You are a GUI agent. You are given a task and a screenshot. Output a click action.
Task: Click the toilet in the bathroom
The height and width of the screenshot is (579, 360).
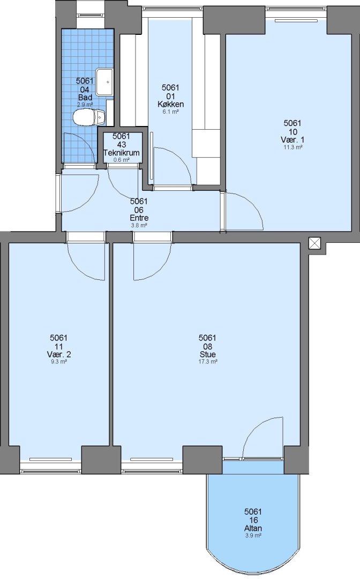[x=89, y=117]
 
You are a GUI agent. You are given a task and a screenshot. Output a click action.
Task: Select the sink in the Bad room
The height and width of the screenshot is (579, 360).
[x=105, y=83]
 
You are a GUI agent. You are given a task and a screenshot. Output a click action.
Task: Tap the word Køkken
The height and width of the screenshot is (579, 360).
[x=170, y=104]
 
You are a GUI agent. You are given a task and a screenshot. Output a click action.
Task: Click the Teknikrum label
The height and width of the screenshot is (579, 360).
[x=122, y=153]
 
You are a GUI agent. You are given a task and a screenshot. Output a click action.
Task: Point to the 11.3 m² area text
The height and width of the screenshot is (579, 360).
[x=293, y=147]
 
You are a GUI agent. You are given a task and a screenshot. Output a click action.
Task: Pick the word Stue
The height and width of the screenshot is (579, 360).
[x=208, y=354]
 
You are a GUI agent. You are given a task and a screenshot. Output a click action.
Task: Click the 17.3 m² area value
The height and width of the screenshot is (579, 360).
[x=208, y=361]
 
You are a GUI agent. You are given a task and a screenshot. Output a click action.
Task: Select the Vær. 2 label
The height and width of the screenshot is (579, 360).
[x=58, y=354]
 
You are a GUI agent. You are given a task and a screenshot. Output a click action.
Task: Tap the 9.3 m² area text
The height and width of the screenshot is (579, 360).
[x=58, y=362]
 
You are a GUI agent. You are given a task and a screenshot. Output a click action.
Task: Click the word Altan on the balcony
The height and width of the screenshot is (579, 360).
[x=253, y=529]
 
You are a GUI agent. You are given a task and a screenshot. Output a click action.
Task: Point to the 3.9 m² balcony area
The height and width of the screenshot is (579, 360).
[x=253, y=536]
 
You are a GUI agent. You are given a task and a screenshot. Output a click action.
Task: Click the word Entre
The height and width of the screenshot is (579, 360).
[x=139, y=218]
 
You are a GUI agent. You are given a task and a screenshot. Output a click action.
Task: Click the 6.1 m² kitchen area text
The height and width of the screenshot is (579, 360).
[x=170, y=112]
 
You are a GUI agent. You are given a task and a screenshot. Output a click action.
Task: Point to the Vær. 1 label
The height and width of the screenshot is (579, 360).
[x=292, y=140]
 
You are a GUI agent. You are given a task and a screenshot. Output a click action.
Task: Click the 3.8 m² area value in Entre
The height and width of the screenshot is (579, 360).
[x=139, y=225]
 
